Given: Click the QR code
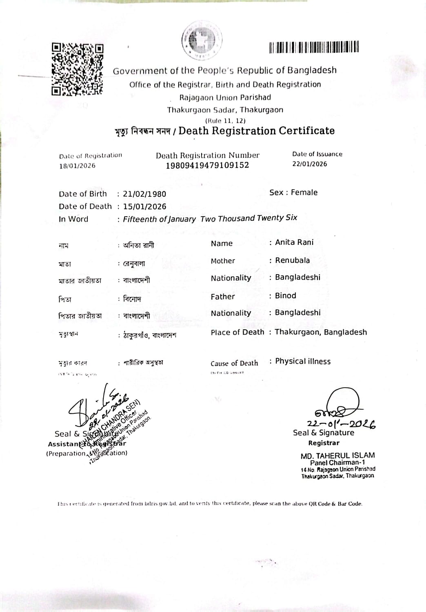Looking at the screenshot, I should click(77, 69).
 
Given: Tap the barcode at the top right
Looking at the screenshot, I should click(314, 47).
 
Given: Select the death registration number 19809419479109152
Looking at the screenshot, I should click(207, 165).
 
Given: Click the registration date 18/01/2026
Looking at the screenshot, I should click(77, 166).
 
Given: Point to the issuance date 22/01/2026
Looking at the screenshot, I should click(309, 164).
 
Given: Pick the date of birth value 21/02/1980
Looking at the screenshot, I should click(144, 194).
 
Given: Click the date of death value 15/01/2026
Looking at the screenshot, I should click(144, 206).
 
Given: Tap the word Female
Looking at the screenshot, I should click(304, 193).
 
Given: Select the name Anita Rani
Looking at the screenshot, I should click(294, 242).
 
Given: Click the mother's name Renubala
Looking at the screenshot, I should click(292, 260).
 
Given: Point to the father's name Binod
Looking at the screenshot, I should click(285, 296).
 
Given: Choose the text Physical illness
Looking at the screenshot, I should click(303, 361).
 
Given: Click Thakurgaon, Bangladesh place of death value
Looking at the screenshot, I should click(321, 332).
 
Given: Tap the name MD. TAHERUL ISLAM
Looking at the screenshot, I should click(337, 456).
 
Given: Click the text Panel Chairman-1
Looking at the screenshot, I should click(337, 463).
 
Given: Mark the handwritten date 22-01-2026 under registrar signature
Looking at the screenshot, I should click(341, 424).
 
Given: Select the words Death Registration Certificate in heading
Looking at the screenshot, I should click(256, 131).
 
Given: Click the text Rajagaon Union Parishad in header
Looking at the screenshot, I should click(225, 98).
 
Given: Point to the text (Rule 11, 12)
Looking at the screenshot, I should click(225, 121).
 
